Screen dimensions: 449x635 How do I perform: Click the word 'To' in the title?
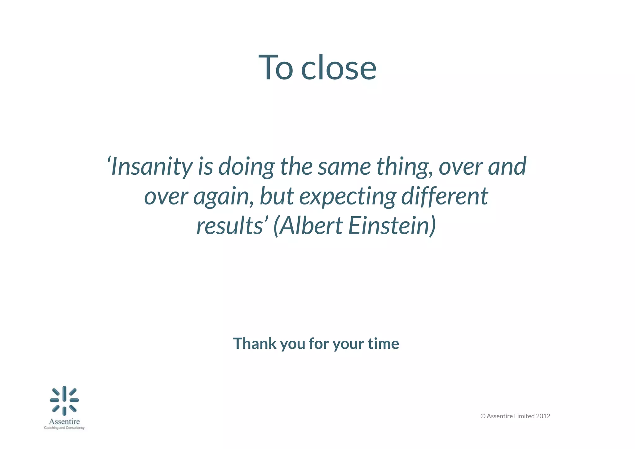(x=275, y=68)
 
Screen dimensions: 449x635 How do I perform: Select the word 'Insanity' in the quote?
(x=151, y=167)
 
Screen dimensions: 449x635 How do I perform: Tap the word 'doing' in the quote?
(x=246, y=167)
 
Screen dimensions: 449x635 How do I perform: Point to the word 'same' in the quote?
(x=344, y=167)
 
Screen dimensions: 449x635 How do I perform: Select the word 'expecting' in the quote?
(x=348, y=196)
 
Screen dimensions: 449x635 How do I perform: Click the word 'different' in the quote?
(x=445, y=196)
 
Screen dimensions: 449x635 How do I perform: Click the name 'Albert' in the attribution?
(x=311, y=226)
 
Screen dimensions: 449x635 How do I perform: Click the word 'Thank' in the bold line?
(x=255, y=343)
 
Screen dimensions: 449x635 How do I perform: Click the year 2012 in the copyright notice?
(x=543, y=416)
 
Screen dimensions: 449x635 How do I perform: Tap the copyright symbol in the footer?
(x=483, y=416)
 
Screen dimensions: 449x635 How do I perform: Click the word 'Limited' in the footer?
(x=524, y=416)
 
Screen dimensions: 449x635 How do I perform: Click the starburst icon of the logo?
(x=64, y=400)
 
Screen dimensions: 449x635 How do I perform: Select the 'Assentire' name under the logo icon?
(x=64, y=421)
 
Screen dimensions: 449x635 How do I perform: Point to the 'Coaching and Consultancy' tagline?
(x=64, y=428)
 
